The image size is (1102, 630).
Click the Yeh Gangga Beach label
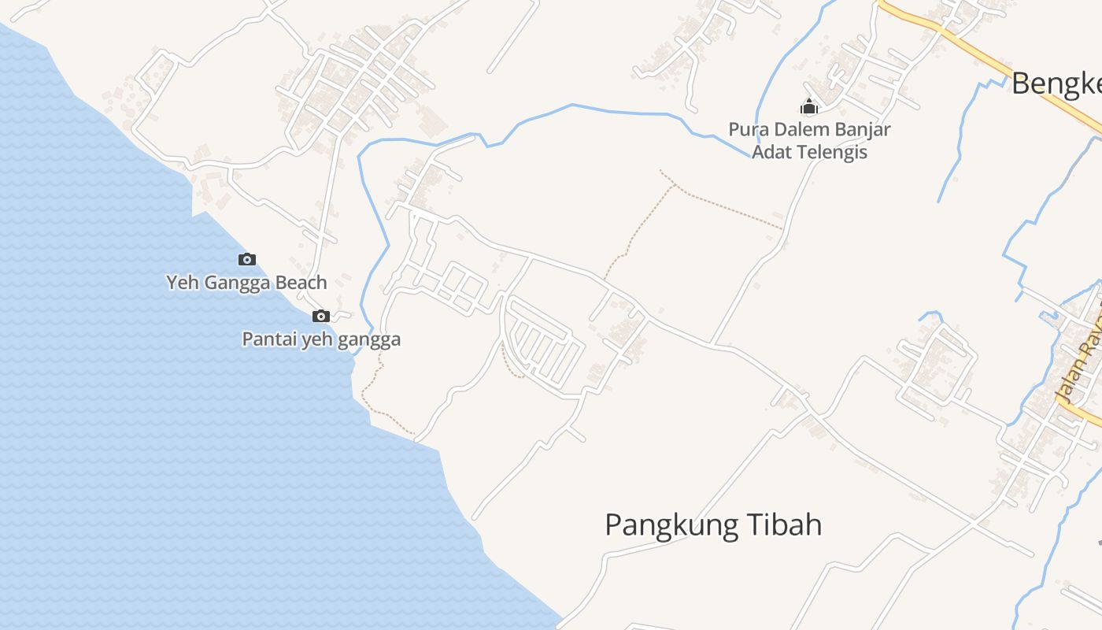pyautogui.click(x=246, y=282)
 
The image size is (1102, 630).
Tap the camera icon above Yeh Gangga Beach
pyautogui.click(x=247, y=259)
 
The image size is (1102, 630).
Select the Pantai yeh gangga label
pyautogui.click(x=321, y=339)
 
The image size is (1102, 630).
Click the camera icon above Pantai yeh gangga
pyautogui.click(x=321, y=317)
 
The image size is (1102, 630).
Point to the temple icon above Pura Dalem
pyautogui.click(x=809, y=106)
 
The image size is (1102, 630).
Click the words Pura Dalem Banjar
pyautogui.click(x=809, y=129)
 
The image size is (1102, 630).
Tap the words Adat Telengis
pyautogui.click(x=809, y=151)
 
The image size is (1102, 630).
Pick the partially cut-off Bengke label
pyautogui.click(x=1056, y=83)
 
